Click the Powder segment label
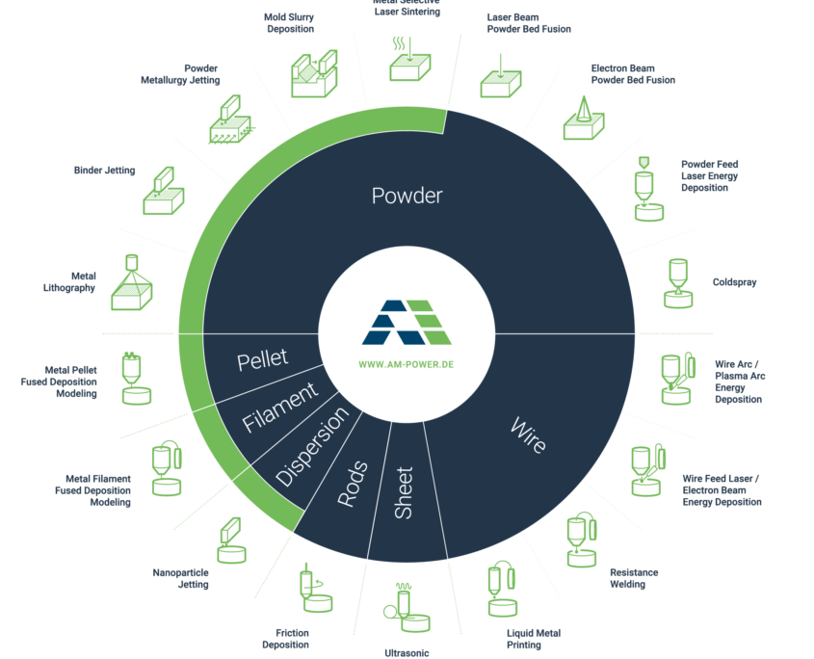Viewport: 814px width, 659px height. point(407,196)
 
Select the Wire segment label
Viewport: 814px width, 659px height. point(527,435)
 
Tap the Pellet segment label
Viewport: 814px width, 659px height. point(262,359)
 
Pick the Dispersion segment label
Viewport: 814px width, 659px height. point(312,448)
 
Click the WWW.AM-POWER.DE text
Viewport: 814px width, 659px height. point(407,366)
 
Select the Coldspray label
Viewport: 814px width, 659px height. point(734,283)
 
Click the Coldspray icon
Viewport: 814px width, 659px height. point(679,283)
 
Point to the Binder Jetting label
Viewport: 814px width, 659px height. point(104,171)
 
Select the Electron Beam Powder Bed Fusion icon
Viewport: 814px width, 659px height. point(585,119)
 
